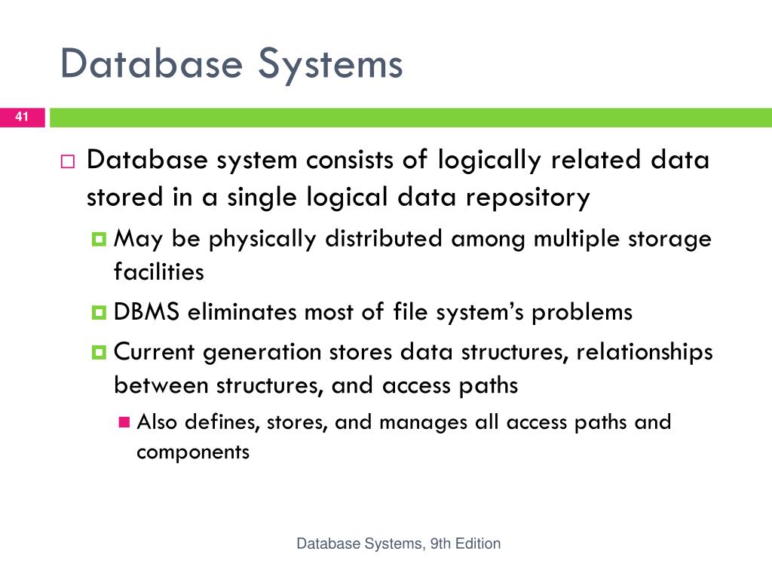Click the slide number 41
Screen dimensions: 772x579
[x=22, y=117]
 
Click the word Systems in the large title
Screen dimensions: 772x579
[x=330, y=64]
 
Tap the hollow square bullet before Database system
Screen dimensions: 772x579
[x=68, y=161]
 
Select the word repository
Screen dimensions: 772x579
[x=527, y=198]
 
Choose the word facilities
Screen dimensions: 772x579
[x=159, y=271]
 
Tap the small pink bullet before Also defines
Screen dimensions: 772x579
[x=124, y=421]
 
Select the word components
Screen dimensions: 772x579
[x=192, y=452]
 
